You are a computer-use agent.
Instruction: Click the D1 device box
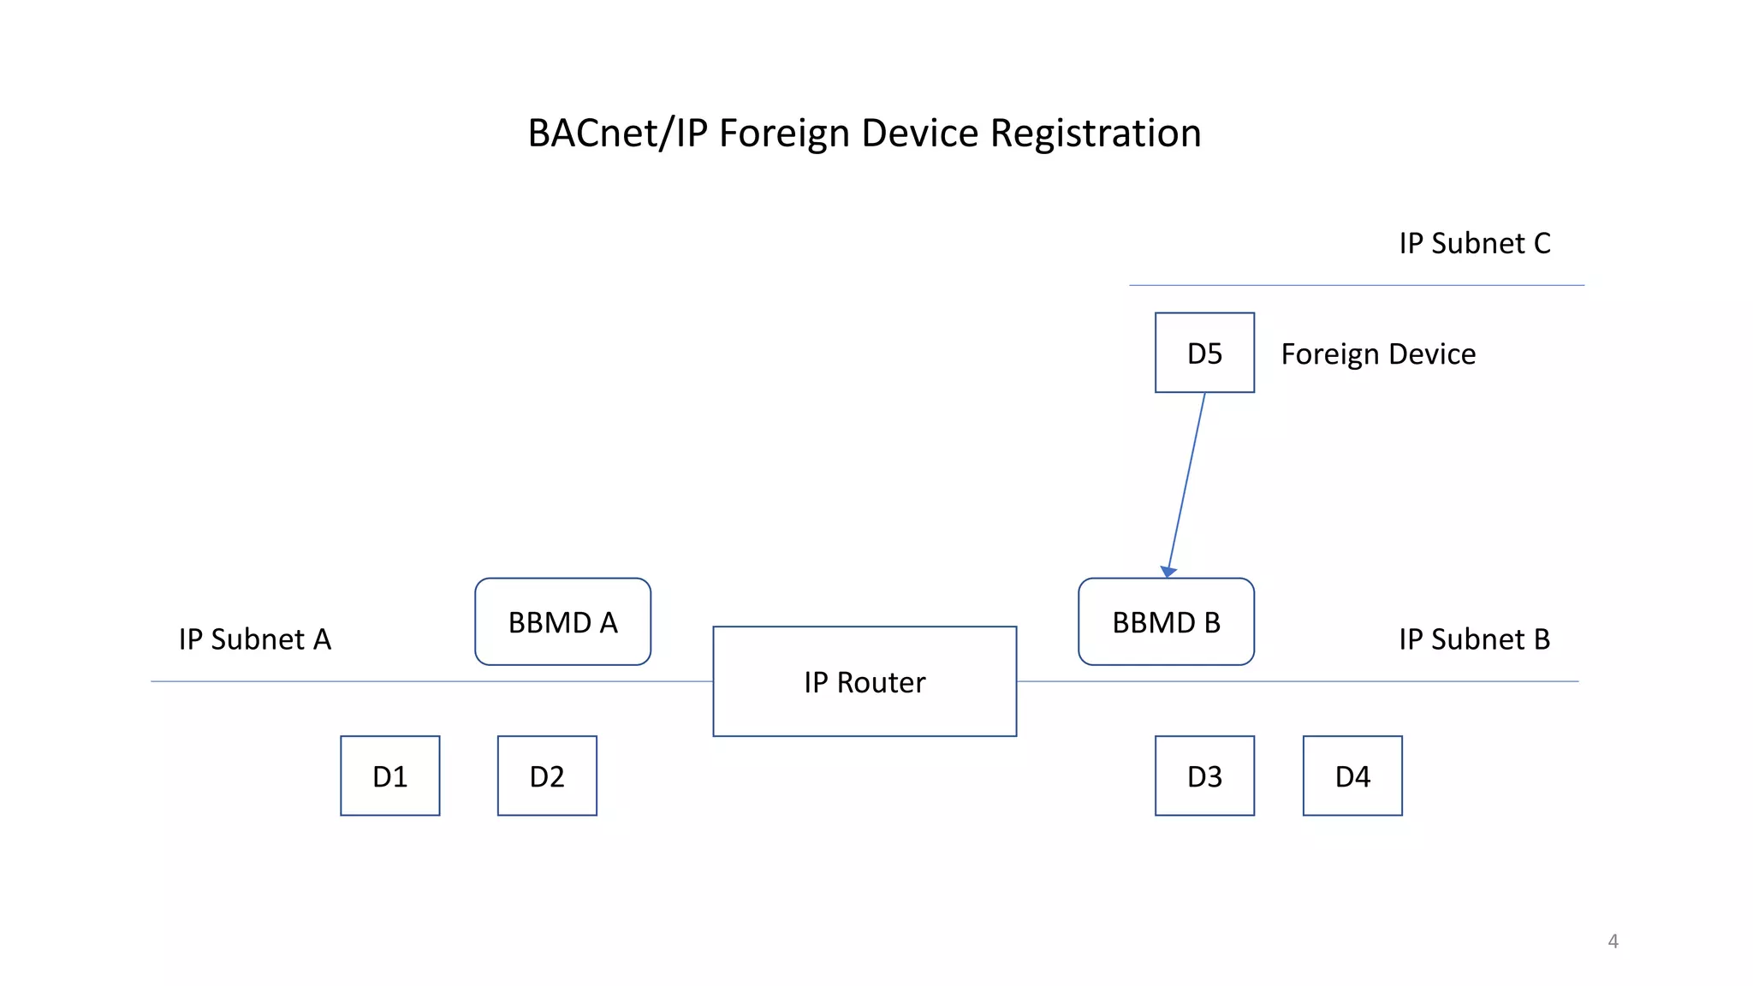click(x=389, y=775)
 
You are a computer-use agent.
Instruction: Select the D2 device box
click(x=547, y=775)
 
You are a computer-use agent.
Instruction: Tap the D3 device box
click(x=1204, y=775)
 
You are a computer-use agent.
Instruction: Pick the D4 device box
click(x=1352, y=775)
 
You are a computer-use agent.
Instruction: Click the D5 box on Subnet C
click(x=1204, y=353)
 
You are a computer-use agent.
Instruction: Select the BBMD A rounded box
click(x=562, y=622)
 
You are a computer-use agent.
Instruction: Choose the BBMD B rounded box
click(x=1166, y=622)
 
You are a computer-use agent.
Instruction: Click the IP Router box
click(x=865, y=682)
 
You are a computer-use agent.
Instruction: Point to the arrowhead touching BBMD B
click(x=1168, y=572)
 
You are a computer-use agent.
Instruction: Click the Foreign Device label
click(x=1378, y=354)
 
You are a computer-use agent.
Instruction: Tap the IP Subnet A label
click(x=254, y=639)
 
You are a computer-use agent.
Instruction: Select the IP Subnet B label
click(x=1474, y=639)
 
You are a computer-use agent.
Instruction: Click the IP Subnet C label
click(x=1474, y=243)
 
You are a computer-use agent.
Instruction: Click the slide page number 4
click(x=1613, y=941)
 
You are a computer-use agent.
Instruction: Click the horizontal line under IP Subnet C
click(x=1357, y=285)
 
